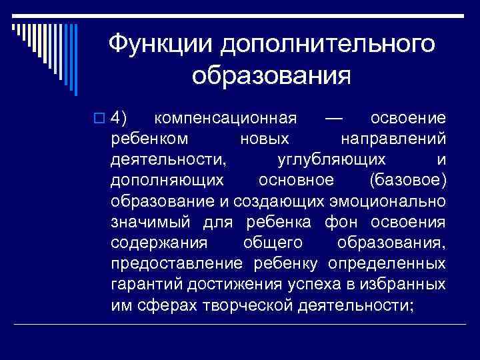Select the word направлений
pyautogui.click(x=393, y=139)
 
